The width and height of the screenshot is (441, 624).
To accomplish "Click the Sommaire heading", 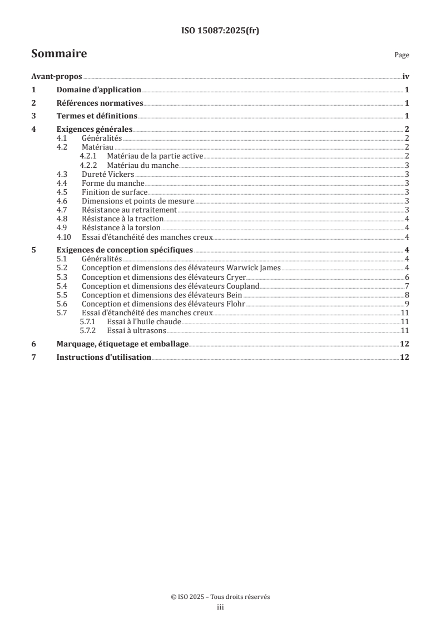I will coord(59,54).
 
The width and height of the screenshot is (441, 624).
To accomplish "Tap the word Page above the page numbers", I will coord(402,55).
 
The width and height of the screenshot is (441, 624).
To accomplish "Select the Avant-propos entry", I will coord(57,77).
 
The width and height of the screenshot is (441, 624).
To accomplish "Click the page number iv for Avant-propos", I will coord(405,77).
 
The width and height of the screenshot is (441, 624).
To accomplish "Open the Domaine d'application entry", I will coord(99,90).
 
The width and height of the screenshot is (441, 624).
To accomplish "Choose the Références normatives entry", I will coord(100,103).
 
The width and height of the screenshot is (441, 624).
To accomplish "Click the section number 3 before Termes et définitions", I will coord(34,116).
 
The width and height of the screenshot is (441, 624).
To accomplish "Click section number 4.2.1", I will coord(88,157).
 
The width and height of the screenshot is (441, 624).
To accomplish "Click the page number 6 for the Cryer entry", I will coord(407,277).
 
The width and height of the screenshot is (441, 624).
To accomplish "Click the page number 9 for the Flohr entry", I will coord(407,304).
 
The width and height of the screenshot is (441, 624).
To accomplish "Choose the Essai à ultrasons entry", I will coord(133,330).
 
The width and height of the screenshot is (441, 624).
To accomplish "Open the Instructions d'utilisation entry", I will coord(103,357).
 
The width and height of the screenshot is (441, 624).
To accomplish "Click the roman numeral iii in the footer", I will coord(220,608).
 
